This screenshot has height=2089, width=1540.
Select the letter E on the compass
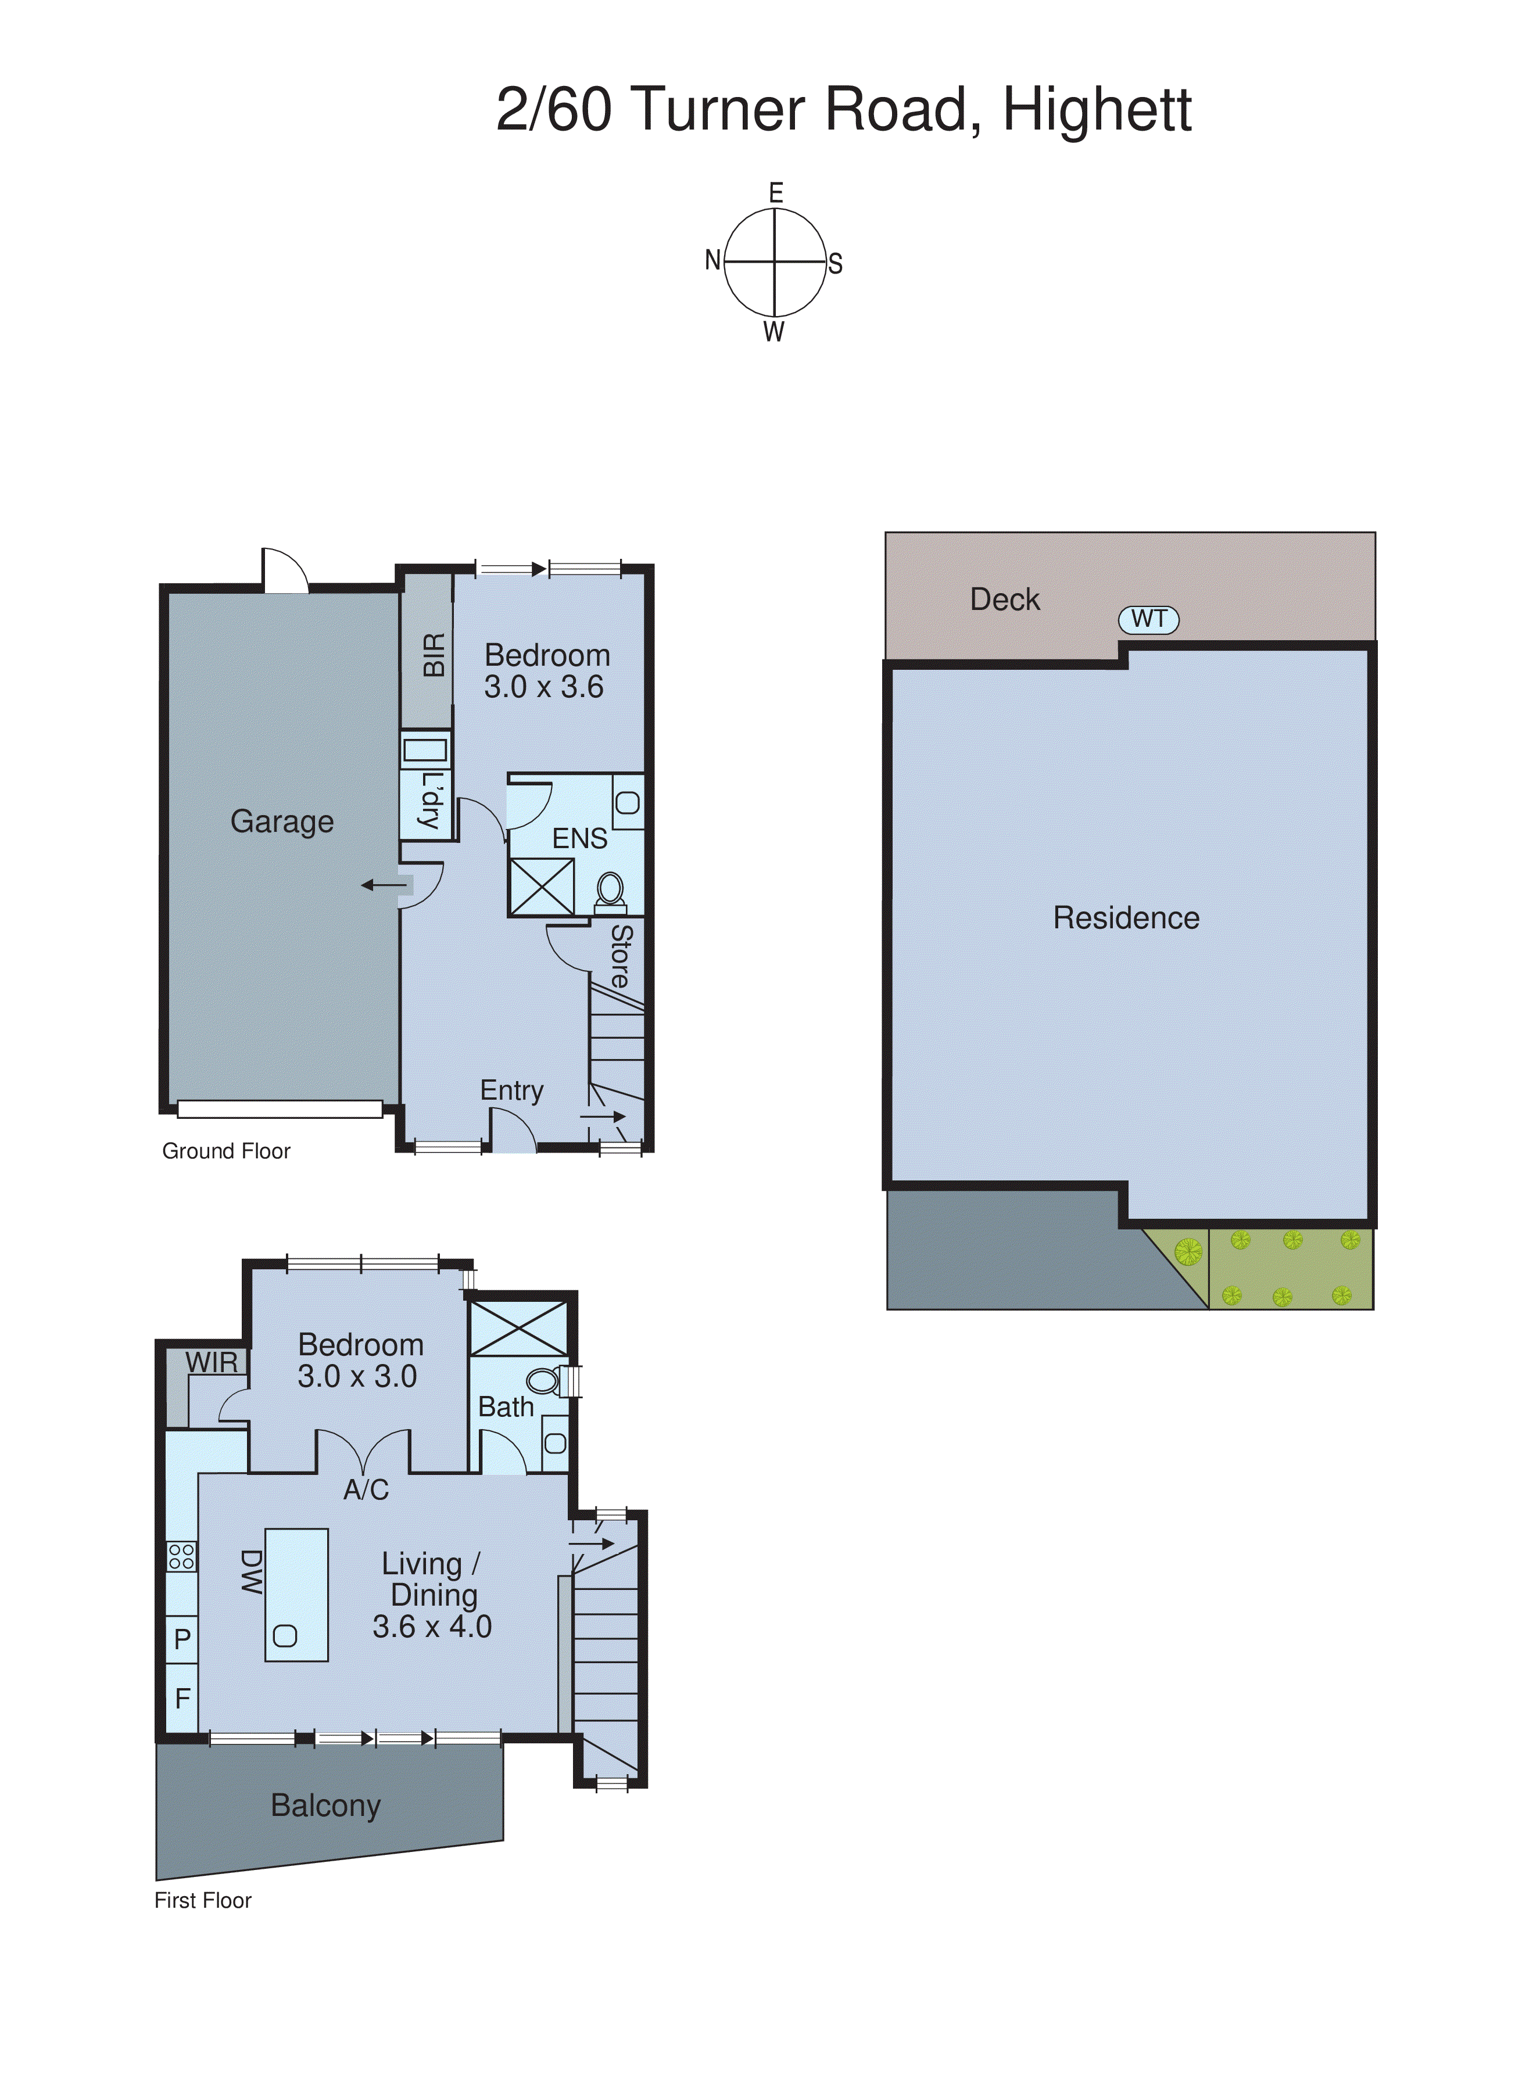click(776, 193)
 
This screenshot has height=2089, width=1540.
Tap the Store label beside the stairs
click(621, 956)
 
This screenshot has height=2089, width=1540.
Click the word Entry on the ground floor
click(511, 1090)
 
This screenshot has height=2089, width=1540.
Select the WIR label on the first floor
click(212, 1362)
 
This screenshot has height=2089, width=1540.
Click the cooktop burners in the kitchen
click(182, 1556)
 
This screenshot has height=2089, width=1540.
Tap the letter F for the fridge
click(182, 1699)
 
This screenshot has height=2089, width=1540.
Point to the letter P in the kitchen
click(182, 1638)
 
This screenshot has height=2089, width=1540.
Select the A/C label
click(366, 1490)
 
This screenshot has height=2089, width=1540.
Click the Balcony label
click(325, 1805)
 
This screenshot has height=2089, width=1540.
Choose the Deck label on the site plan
click(1004, 599)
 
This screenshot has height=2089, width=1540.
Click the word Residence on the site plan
click(1126, 918)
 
